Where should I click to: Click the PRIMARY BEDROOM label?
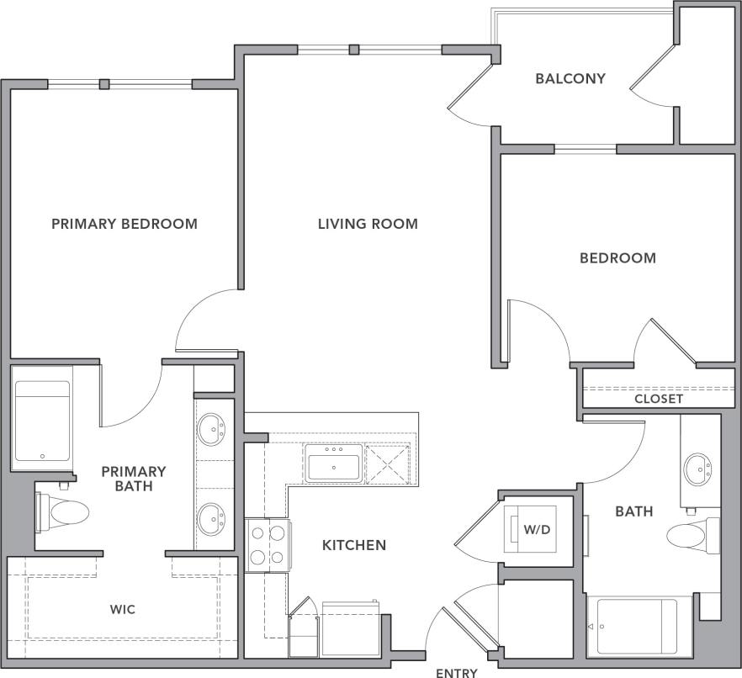tap(125, 224)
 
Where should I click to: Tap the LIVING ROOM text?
tap(368, 224)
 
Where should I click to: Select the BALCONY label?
tap(570, 79)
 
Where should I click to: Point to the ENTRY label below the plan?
tap(457, 672)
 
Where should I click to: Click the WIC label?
tap(123, 608)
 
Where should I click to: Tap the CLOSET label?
tap(659, 399)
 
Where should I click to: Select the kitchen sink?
tap(334, 463)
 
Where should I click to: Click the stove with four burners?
tap(268, 543)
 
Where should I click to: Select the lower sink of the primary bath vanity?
tap(211, 518)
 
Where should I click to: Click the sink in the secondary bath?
tap(697, 469)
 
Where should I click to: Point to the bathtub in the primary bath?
tap(42, 420)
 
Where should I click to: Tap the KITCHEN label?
tap(354, 545)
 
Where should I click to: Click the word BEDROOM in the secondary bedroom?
tap(617, 258)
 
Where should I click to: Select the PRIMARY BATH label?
tap(134, 479)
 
